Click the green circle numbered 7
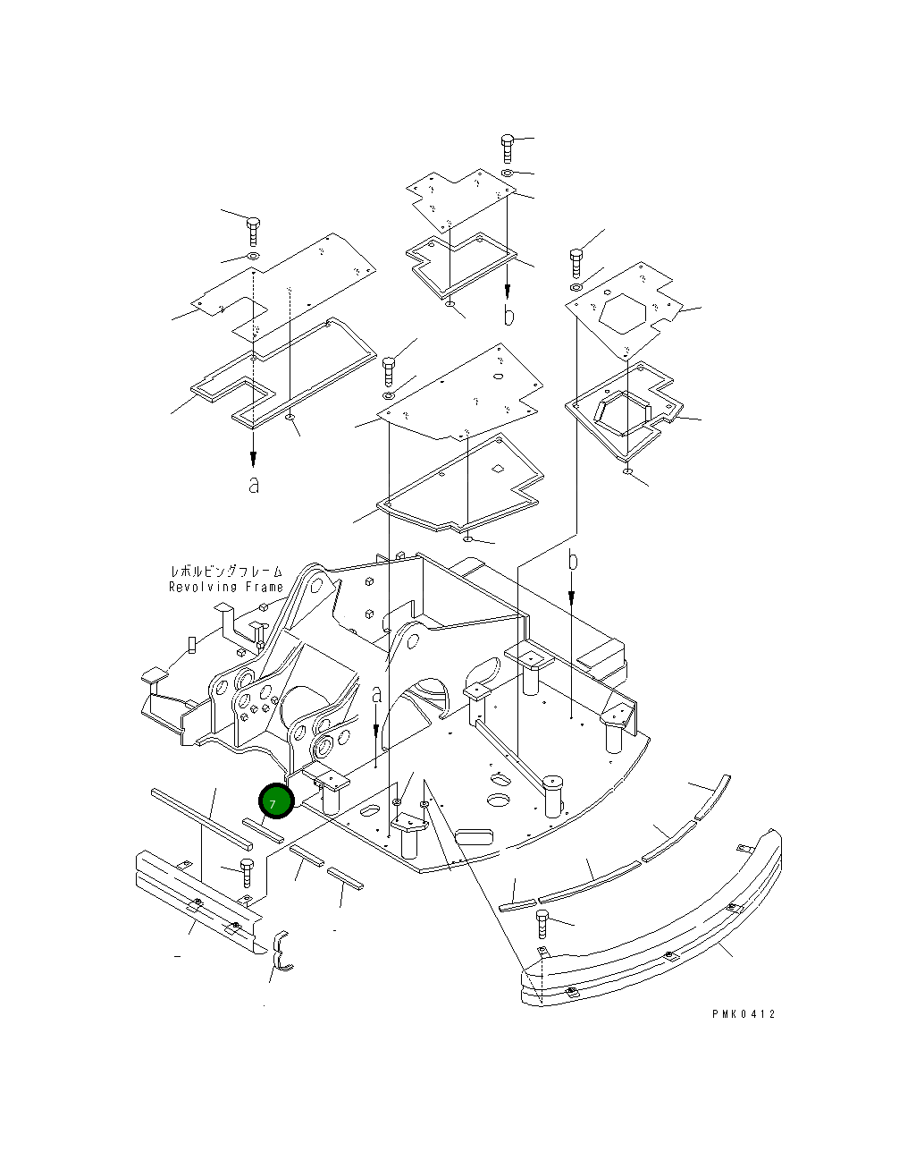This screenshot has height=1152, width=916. pos(275,801)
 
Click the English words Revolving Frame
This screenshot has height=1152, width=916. pos(225,588)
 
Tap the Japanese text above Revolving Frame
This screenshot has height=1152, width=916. pos(225,572)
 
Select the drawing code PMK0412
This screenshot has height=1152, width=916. pos(744,1014)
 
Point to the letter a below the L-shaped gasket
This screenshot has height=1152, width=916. pos(255,486)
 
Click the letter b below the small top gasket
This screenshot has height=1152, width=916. pos(508,316)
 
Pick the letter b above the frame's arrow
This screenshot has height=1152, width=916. pos(574,562)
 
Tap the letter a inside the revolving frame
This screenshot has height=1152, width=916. pos(376,694)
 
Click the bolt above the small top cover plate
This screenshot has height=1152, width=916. pos(507,146)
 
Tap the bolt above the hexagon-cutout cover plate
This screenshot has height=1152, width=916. pos(576,263)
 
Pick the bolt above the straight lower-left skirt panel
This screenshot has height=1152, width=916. pos(247,868)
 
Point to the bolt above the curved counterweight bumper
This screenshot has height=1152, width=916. pos(542,921)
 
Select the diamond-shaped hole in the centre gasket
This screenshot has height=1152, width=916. pos(499,468)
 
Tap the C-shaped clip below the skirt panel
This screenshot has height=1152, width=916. pos(281,952)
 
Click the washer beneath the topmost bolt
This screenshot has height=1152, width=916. pos(507,172)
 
